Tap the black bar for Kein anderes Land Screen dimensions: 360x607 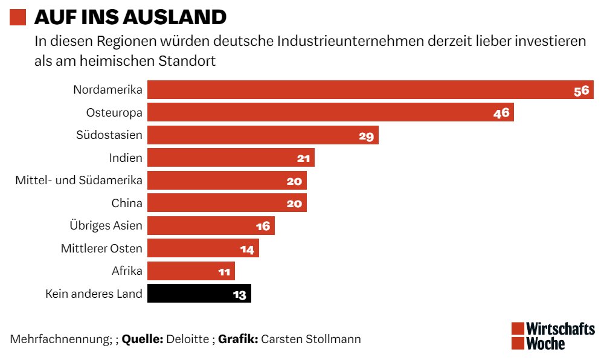tap(199, 294)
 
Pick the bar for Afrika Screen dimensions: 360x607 tap(191, 271)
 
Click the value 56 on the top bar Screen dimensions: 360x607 tap(581, 91)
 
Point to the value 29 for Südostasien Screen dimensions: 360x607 tap(367, 136)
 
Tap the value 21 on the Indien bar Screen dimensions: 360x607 tap(303, 158)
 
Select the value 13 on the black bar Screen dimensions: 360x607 tap(239, 295)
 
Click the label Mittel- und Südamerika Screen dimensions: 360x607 tap(79, 181)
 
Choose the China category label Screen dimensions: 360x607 tap(127, 203)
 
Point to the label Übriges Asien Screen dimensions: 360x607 tap(106, 226)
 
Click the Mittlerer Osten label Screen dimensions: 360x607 tap(101, 248)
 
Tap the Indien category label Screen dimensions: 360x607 tap(126, 158)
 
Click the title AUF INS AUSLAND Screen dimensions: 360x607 tap(130, 18)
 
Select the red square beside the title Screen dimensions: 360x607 tap(18, 18)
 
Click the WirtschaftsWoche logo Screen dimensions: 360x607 tap(553, 336)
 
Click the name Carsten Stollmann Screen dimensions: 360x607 tap(311, 339)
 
